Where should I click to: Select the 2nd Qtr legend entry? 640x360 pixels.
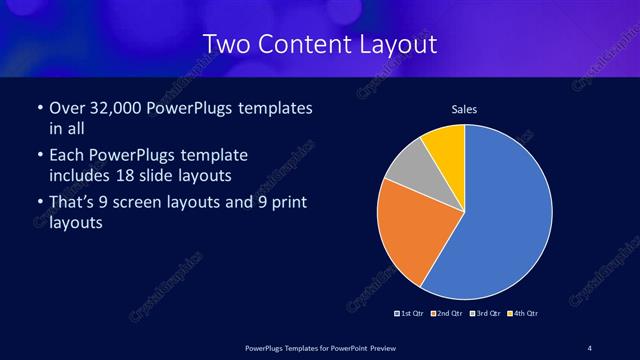446,314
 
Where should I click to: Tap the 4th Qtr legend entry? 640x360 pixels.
523,314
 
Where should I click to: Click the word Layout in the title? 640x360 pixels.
394,45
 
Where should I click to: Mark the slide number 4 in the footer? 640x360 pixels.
590,347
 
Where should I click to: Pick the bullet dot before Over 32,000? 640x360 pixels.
38,108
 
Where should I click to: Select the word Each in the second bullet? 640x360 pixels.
66,156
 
